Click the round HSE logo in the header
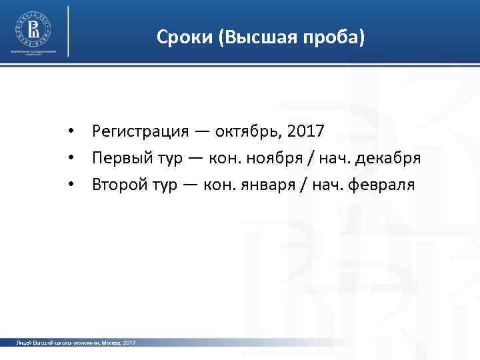click(33, 29)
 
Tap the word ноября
click(284, 158)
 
